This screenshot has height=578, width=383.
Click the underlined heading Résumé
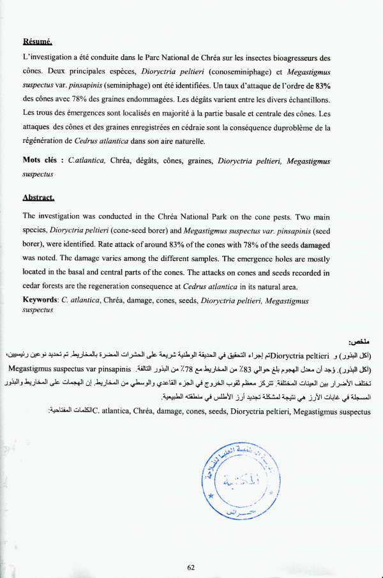[37, 42]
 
